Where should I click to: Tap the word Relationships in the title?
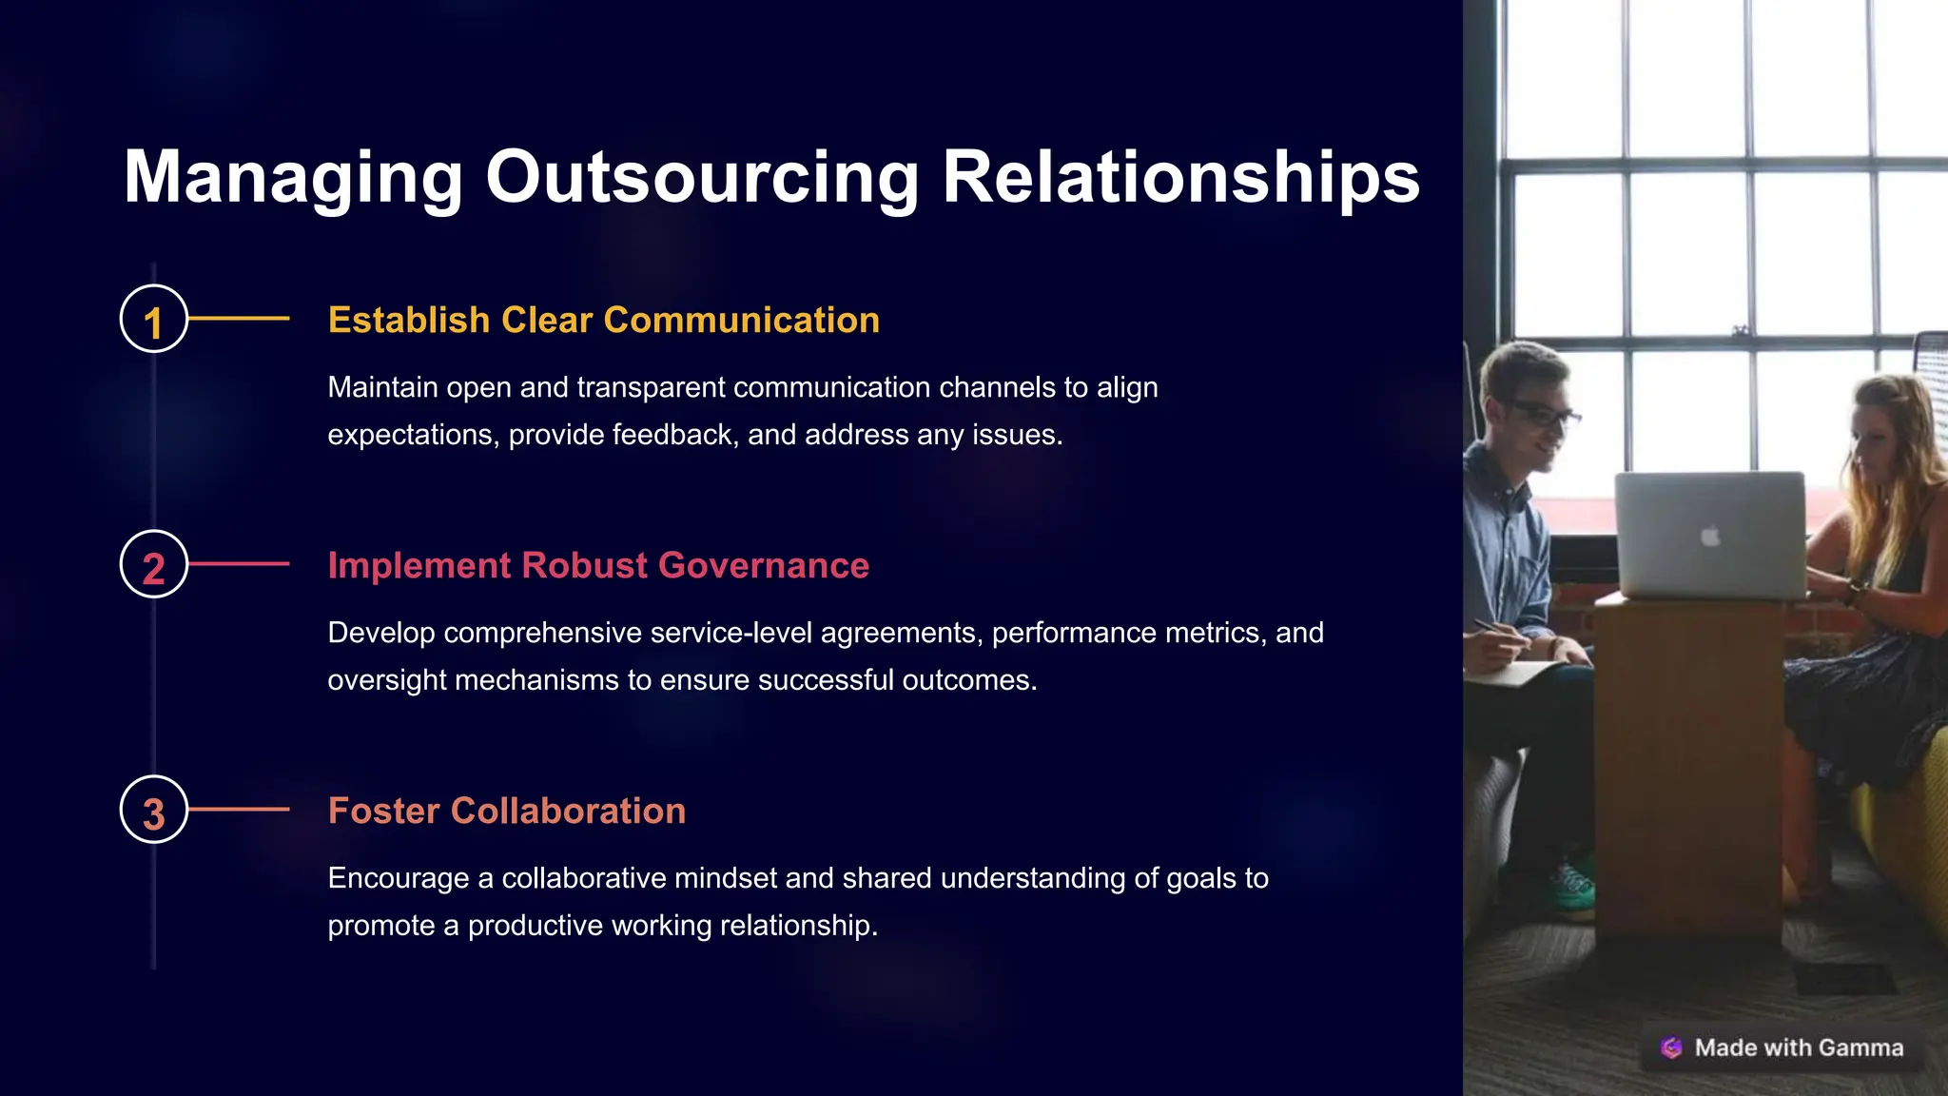tap(1180, 178)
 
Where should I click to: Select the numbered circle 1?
tap(153, 319)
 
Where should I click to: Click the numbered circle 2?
tap(153, 564)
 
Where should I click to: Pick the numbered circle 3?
tap(153, 810)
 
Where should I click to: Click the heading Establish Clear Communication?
tap(603, 321)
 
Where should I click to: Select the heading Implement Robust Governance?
tap(598, 565)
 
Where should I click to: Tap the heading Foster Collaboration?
tap(506, 811)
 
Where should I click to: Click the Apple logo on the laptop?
tap(1710, 537)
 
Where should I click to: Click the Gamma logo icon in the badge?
tap(1671, 1047)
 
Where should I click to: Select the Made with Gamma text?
tap(1799, 1047)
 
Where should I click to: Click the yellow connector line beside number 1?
tap(239, 319)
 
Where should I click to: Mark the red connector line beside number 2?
tap(239, 564)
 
